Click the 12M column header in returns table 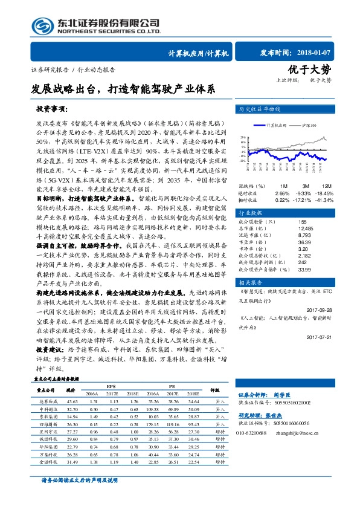(326, 186)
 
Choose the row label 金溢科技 (47, 462)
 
